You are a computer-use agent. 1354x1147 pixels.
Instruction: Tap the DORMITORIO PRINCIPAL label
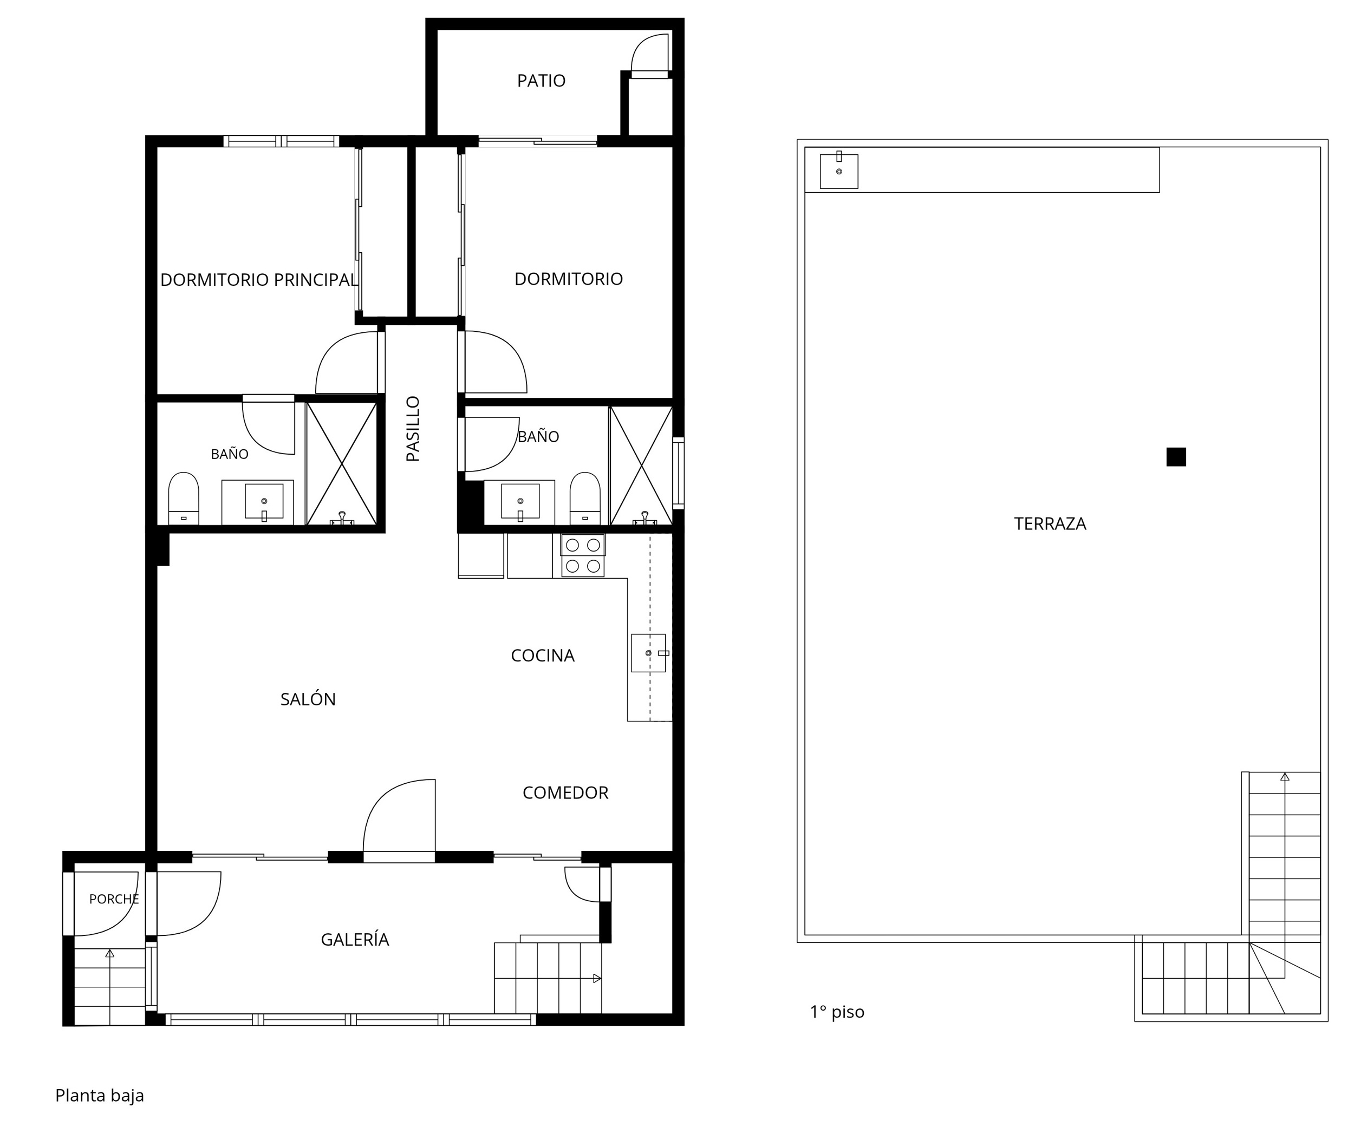(x=259, y=280)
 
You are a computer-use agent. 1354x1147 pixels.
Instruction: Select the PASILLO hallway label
(x=413, y=429)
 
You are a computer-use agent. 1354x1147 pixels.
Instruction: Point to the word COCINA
(x=543, y=656)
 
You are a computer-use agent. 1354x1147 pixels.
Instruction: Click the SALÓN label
(x=308, y=699)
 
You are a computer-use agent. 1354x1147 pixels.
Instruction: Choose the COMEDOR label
(x=565, y=792)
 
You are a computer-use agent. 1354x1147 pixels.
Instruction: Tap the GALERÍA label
(x=355, y=939)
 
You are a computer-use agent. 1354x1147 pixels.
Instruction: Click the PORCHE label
(x=114, y=899)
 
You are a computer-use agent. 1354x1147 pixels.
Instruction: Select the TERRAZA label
(x=1050, y=523)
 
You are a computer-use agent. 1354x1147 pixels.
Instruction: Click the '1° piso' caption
(x=837, y=1012)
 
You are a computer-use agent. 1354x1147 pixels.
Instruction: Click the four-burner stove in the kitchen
(x=583, y=556)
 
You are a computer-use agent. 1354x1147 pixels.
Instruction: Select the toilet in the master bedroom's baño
(x=184, y=498)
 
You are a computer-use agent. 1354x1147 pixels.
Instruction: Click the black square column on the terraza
(x=1176, y=457)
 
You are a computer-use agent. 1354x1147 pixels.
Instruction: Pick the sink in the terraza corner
(x=839, y=171)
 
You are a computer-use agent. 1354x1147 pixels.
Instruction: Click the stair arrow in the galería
(x=597, y=978)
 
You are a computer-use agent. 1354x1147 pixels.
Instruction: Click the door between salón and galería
(x=399, y=821)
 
